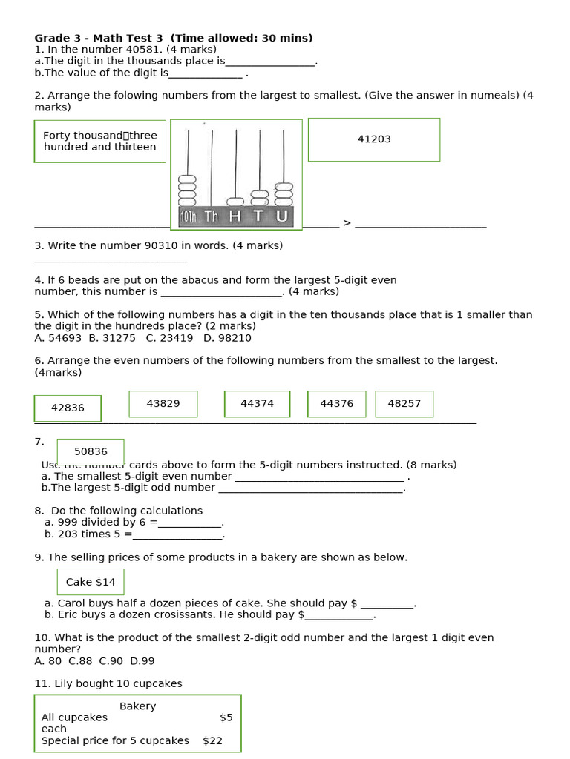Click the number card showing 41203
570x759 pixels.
pos(374,139)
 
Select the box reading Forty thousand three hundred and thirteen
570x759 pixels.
pos(99,141)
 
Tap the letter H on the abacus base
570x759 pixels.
pos(235,216)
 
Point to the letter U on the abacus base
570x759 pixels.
pos(281,216)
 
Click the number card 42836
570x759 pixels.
pos(68,408)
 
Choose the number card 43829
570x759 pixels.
pos(163,404)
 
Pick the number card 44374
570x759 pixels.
pos(257,404)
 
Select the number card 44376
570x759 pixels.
pos(336,404)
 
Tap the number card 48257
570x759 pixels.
pos(404,404)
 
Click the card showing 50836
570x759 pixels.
pos(91,451)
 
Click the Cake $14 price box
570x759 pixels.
pos(91,582)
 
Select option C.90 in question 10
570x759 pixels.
pos(111,661)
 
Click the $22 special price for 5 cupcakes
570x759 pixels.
pos(212,740)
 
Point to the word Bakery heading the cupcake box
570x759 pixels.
pos(137,706)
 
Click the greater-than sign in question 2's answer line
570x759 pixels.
pos(347,223)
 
